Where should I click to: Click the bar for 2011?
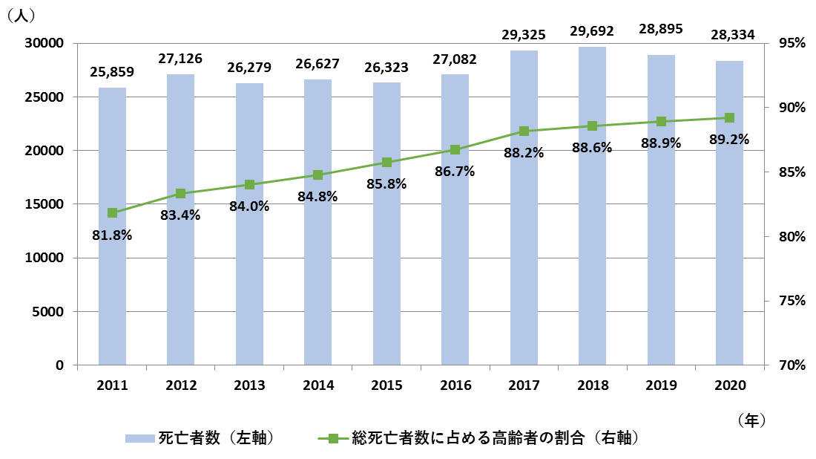point(112,297)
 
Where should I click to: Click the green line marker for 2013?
point(249,184)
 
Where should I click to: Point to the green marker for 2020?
point(729,117)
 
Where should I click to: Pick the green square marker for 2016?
point(455,149)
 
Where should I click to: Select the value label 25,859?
point(112,73)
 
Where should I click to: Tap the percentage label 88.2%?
point(524,153)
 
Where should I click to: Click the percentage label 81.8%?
point(112,235)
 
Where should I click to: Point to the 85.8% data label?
point(386,183)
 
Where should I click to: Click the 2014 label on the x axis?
point(317,385)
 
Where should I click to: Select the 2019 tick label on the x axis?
point(661,385)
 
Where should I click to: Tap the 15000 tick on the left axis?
point(47,204)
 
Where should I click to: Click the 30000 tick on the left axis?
point(47,43)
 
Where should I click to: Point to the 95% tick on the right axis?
point(792,43)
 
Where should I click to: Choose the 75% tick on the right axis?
point(792,301)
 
